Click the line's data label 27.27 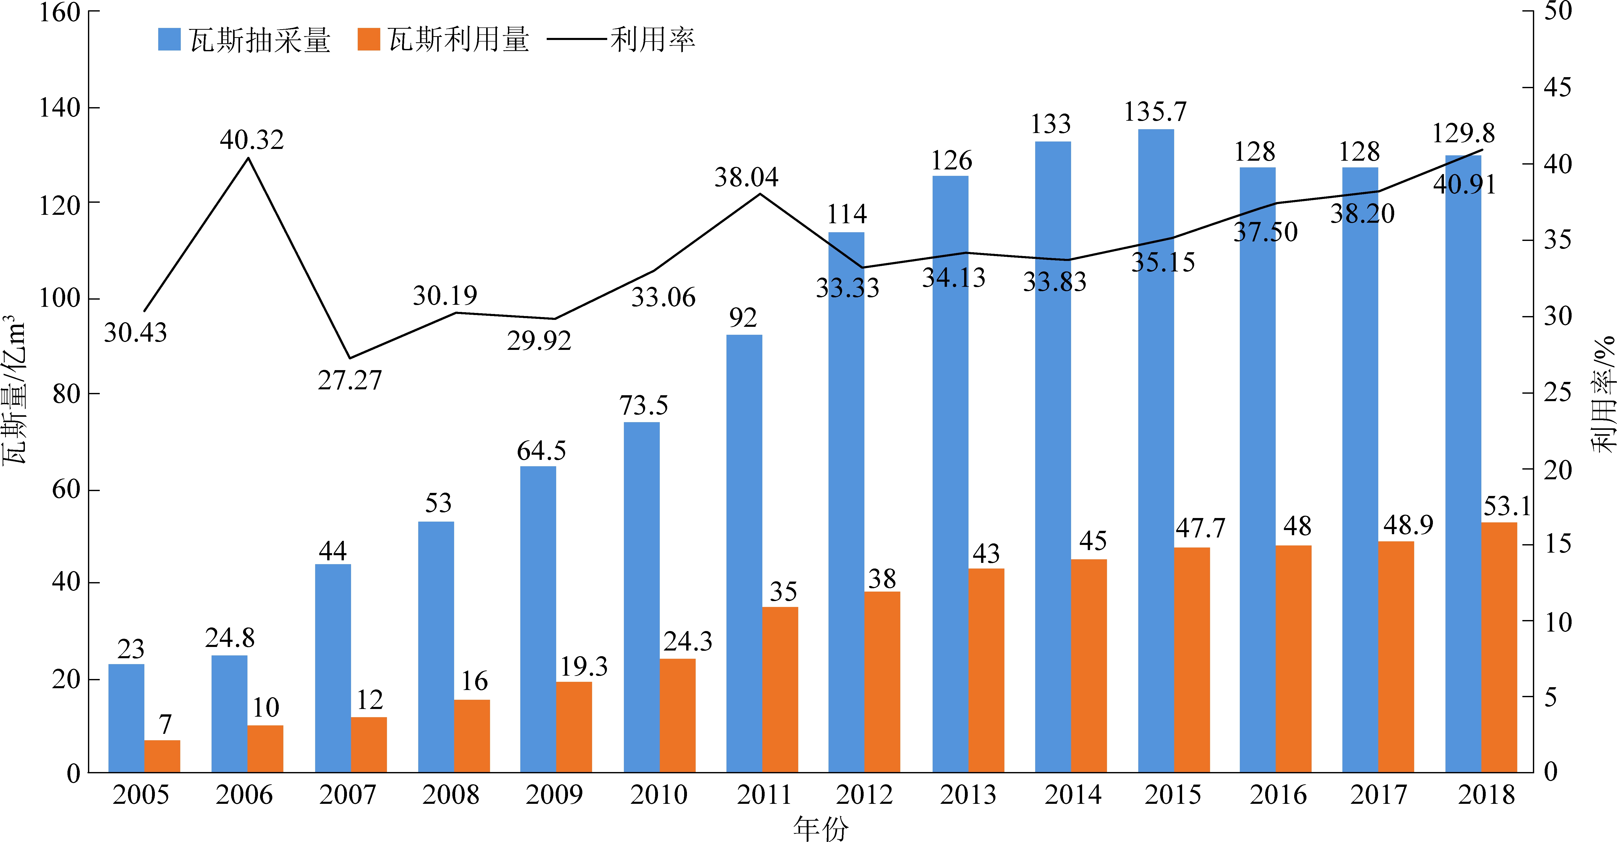click(350, 380)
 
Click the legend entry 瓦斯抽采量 click(245, 40)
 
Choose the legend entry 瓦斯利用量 click(444, 40)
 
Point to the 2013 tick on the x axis click(968, 795)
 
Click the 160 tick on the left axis click(60, 13)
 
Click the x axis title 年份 click(821, 828)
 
